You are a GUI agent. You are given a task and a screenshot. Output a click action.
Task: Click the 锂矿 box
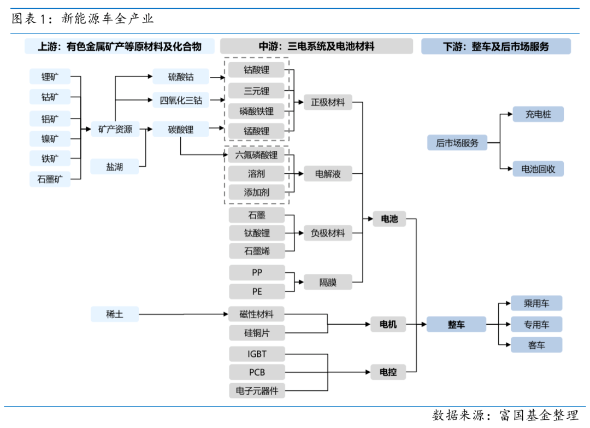[x=50, y=77]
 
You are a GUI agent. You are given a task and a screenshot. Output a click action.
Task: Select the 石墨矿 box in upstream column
[x=50, y=179]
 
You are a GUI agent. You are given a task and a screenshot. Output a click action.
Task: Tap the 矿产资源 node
[x=115, y=130]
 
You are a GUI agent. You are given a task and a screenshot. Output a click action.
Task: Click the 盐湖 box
[x=115, y=167]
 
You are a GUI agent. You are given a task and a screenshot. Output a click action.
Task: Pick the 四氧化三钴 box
[x=181, y=100]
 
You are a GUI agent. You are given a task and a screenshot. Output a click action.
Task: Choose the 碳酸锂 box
[x=181, y=130]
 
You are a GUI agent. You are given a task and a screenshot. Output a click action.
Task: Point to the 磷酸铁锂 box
[x=256, y=111]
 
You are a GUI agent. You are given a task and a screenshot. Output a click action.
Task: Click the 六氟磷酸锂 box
[x=256, y=155]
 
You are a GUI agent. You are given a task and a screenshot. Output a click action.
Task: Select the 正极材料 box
[x=328, y=102]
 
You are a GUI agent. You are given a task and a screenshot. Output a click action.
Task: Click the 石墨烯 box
[x=256, y=251]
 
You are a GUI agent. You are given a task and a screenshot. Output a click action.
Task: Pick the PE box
[x=256, y=292]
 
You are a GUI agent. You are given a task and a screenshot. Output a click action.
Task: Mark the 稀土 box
[x=115, y=314]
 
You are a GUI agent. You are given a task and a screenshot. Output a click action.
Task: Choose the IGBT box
[x=256, y=354]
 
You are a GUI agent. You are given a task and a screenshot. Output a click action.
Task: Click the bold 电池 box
[x=389, y=219]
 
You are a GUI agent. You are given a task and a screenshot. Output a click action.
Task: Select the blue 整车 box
[x=456, y=325]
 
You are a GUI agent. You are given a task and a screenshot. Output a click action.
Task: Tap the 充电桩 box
[x=538, y=115]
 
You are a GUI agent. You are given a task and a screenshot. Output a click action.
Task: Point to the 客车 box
[x=536, y=345]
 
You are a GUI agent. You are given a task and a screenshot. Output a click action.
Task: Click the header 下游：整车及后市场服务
[x=495, y=46]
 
